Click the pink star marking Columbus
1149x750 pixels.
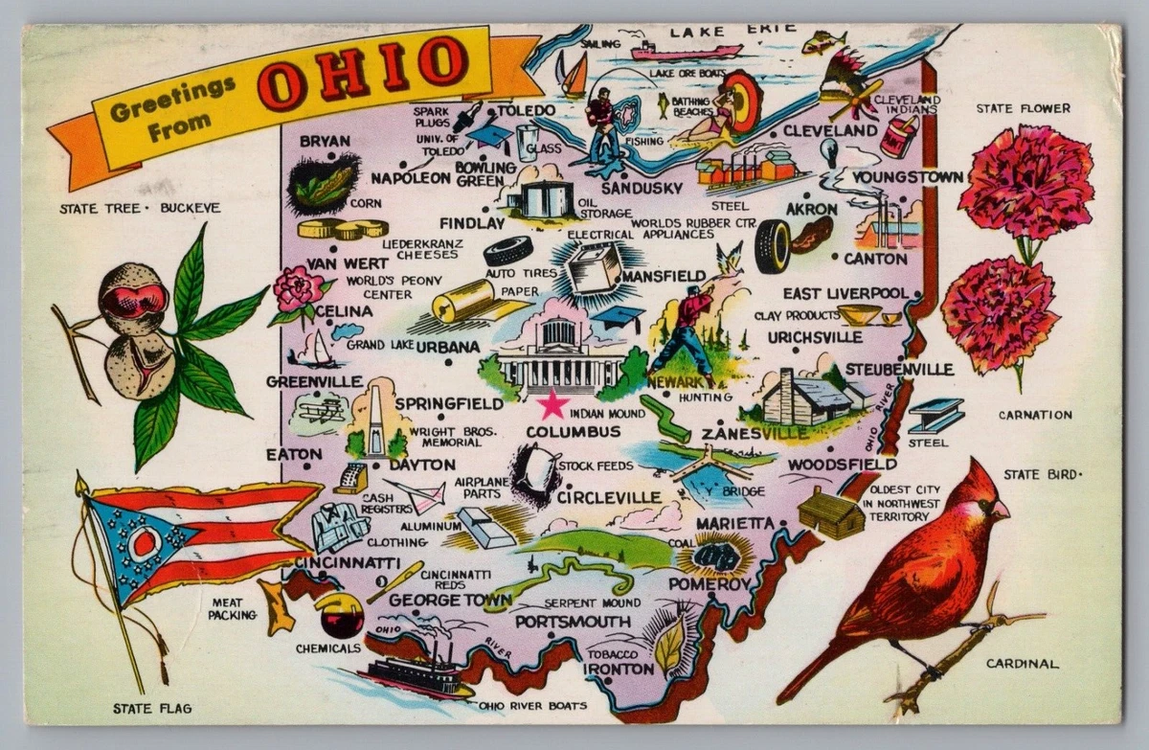(552, 404)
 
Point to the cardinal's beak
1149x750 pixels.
(1001, 509)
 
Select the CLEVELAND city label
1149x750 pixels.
(830, 129)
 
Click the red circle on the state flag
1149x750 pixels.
(145, 543)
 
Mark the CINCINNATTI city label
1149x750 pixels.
(348, 561)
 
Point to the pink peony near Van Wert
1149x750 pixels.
(299, 288)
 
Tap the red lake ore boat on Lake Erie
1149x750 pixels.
(685, 51)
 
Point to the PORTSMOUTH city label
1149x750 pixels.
(572, 622)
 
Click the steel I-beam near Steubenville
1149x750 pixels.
(935, 415)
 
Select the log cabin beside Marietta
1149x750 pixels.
(830, 513)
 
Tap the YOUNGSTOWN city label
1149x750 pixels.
(907, 177)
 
